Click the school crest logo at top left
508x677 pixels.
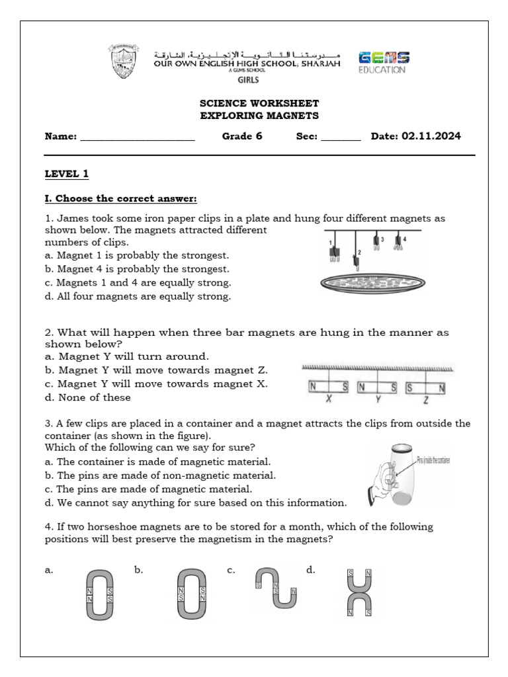124,61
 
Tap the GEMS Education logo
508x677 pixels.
383,62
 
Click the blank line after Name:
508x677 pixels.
137,138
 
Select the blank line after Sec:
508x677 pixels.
341,138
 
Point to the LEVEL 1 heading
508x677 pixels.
66,174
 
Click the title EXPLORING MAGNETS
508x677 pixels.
259,116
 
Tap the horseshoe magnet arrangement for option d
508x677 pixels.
359,593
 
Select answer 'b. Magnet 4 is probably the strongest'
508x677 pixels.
137,269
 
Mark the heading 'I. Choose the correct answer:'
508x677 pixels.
121,198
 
